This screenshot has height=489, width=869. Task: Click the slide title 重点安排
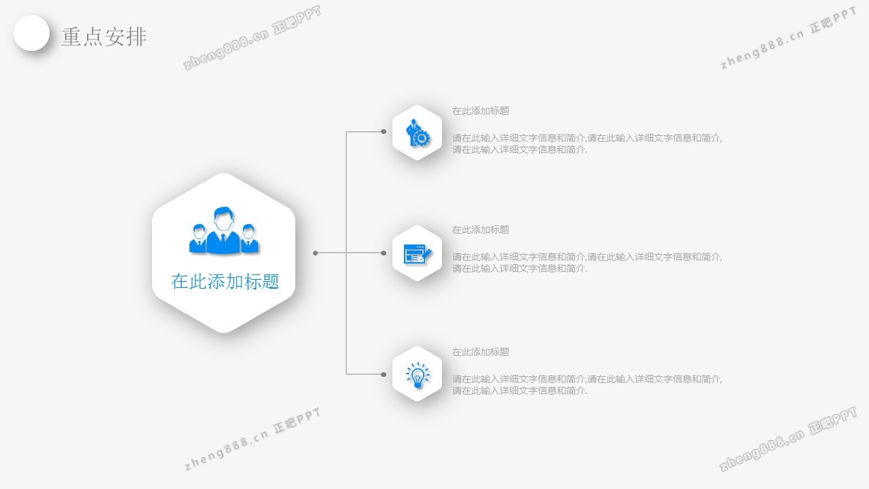coord(104,37)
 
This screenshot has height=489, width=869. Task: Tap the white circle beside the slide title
coord(32,33)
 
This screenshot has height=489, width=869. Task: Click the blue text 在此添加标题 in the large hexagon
coord(225,281)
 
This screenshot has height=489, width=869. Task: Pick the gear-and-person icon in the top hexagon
coord(418,133)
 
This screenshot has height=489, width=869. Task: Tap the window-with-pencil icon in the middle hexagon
coord(418,254)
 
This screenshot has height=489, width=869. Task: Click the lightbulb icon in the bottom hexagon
coord(418,375)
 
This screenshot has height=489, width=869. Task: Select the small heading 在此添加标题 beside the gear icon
coord(481,111)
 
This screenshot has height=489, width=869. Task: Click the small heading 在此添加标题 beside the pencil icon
coord(481,230)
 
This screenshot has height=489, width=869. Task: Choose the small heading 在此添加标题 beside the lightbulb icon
coord(481,352)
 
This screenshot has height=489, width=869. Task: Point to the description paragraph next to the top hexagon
coord(587,143)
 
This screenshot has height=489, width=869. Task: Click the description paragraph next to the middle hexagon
coord(587,262)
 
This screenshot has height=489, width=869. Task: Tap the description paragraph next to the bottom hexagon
coord(587,384)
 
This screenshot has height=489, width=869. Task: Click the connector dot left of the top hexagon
coord(384,132)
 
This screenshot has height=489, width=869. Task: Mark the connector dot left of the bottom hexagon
coord(384,374)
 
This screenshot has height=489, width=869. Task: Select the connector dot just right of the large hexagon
coord(315,253)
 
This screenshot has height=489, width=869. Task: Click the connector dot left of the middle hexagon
coord(384,253)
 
